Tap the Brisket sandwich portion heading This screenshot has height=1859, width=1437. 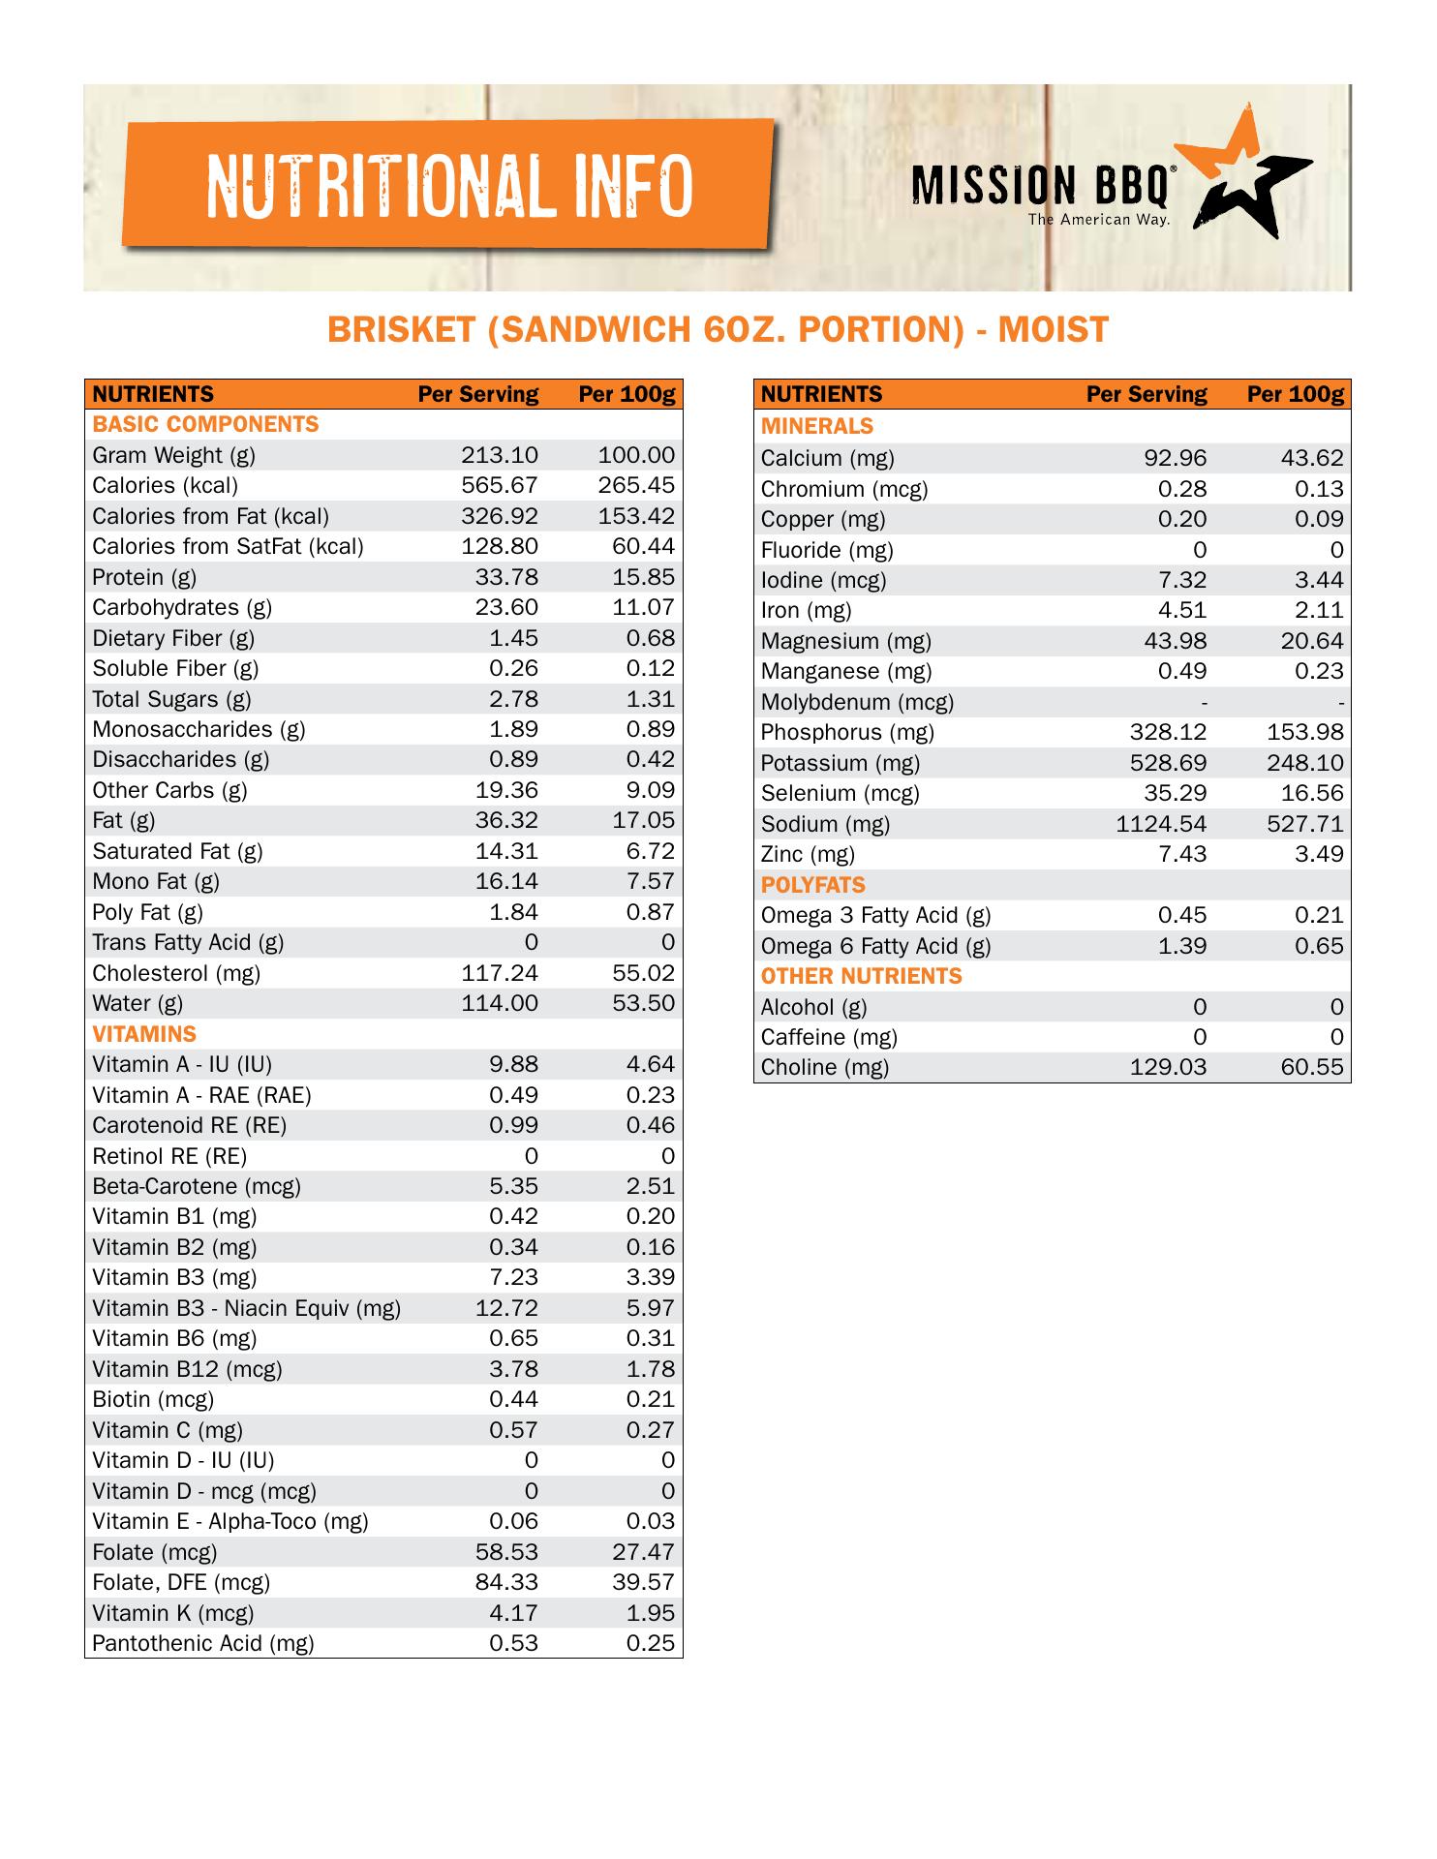click(718, 330)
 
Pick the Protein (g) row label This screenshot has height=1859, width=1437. click(144, 577)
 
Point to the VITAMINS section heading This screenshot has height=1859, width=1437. click(144, 1034)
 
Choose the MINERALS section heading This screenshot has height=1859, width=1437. click(816, 426)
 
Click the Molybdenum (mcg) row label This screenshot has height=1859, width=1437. click(857, 702)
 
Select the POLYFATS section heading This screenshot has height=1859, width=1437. click(812, 885)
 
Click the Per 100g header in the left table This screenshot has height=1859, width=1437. click(626, 394)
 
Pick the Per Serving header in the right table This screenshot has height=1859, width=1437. click(1146, 394)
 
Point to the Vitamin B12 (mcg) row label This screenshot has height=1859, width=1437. click(187, 1369)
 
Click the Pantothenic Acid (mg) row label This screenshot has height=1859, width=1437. click(203, 1643)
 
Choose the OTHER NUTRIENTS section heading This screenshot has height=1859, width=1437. click(861, 976)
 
